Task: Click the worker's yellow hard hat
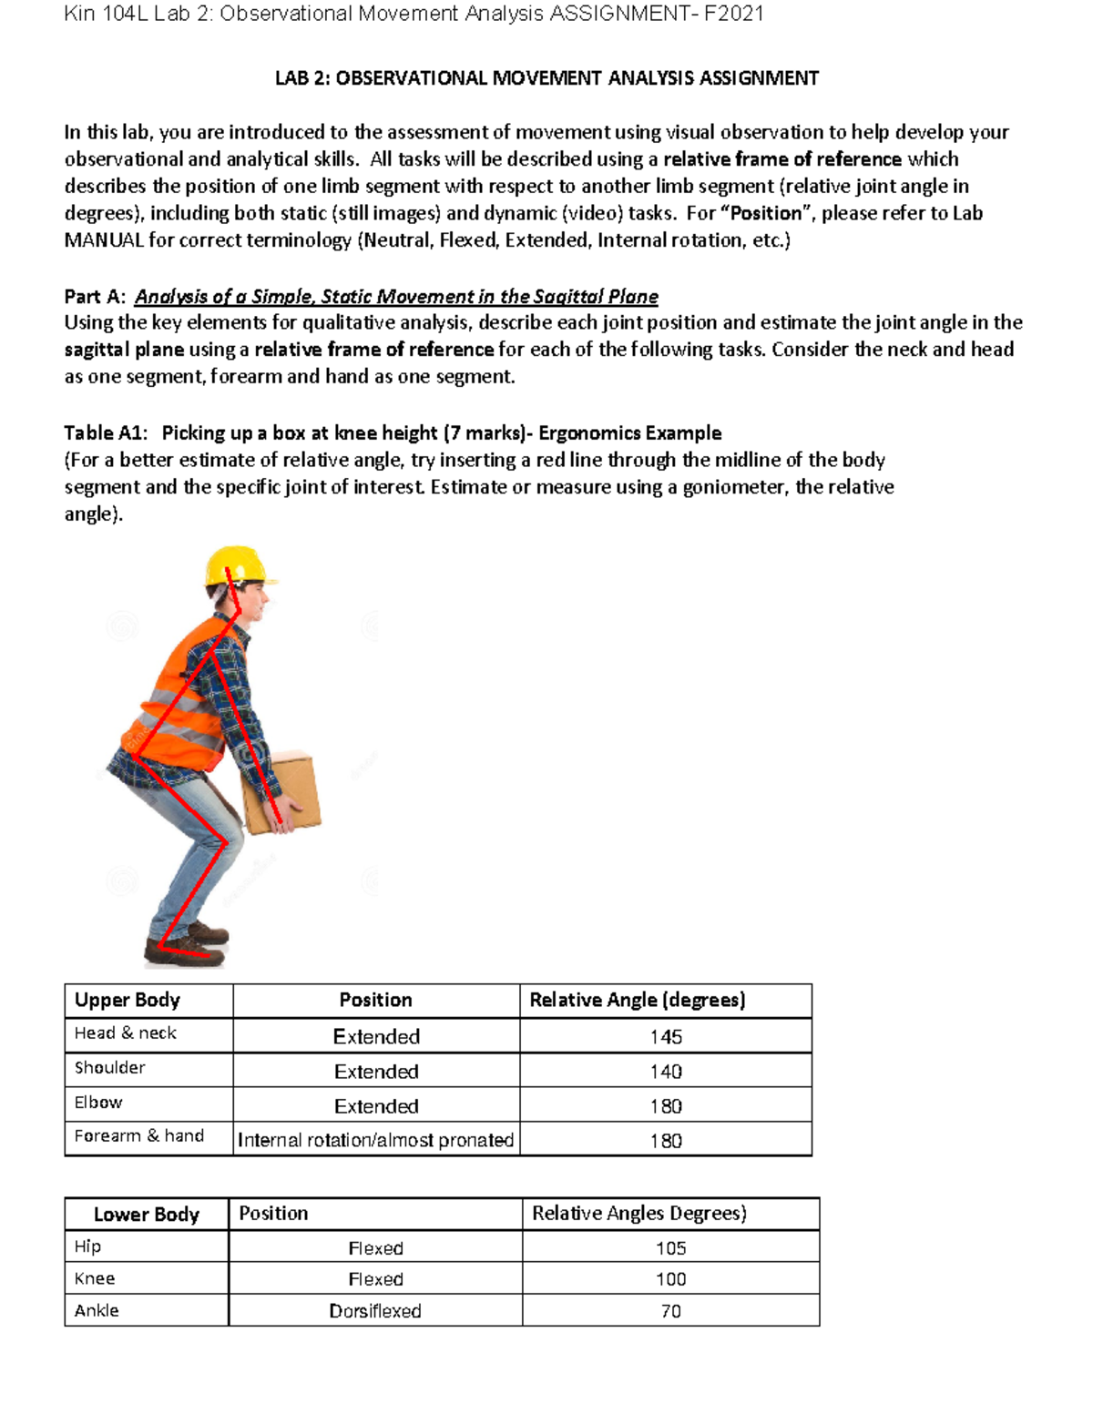[237, 565]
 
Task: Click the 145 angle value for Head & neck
[666, 1036]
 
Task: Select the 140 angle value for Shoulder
[666, 1071]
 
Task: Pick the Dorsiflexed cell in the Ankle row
[375, 1311]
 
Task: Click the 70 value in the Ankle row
[670, 1311]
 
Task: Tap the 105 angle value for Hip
[670, 1248]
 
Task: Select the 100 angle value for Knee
[670, 1279]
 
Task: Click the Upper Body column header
[128, 1000]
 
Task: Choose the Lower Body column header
[146, 1215]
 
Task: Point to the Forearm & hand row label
[138, 1136]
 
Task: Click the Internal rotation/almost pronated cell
[375, 1140]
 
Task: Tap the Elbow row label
[98, 1103]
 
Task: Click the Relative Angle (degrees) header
[638, 1000]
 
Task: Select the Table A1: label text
[106, 432]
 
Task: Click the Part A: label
[95, 297]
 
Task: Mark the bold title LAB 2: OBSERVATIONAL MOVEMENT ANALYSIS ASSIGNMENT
[546, 78]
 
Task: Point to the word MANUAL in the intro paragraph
[104, 240]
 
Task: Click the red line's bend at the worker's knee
[224, 841]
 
